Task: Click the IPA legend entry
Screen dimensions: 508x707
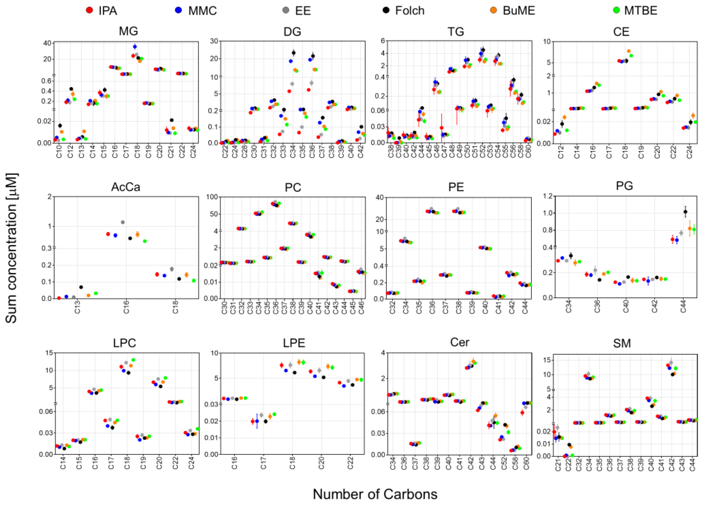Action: pos(102,11)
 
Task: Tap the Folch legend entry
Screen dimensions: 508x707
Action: pos(403,11)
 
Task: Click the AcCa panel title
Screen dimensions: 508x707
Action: pos(126,187)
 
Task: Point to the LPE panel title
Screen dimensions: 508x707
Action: pos(294,343)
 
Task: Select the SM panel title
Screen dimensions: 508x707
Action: pos(622,343)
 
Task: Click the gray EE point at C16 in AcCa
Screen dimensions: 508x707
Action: pos(123,222)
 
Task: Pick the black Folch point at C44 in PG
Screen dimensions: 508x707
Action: pos(685,212)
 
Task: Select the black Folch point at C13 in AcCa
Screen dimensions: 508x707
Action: pos(81,287)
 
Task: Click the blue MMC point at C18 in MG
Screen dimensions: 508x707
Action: pos(135,47)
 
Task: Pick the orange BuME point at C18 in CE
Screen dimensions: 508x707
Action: pos(629,51)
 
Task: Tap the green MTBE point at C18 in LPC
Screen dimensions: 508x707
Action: pos(133,360)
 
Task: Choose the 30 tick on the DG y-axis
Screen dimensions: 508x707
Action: pos(214,41)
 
